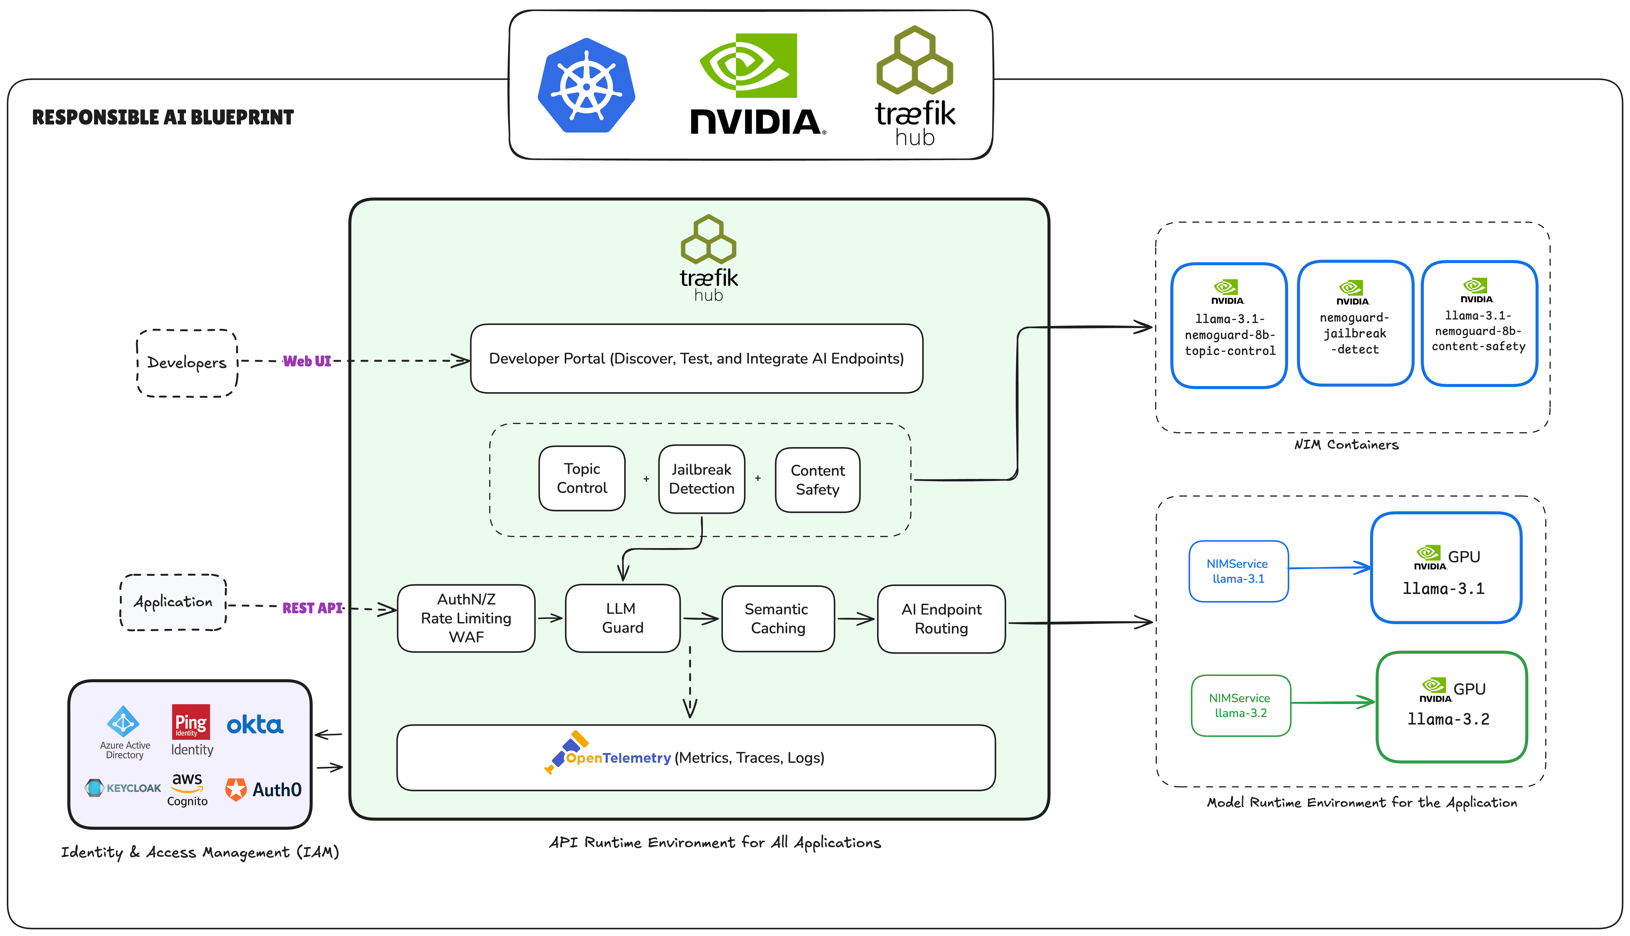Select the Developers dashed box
click(x=187, y=363)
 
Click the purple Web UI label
click(x=307, y=361)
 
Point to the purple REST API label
click(x=312, y=608)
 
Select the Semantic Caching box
click(x=778, y=618)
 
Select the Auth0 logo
click(x=263, y=790)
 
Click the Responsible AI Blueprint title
click(x=163, y=118)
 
